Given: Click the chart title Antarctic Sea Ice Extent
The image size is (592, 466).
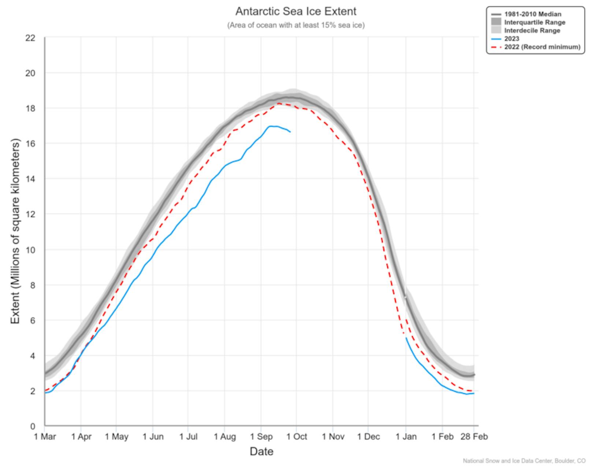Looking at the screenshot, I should (296, 11).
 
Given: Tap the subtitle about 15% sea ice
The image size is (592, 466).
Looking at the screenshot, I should (296, 26).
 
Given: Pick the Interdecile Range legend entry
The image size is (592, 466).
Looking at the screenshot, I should (532, 30).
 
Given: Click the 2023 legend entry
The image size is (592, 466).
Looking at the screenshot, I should (512, 38).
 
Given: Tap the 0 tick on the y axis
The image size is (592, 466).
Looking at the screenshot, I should (33, 426).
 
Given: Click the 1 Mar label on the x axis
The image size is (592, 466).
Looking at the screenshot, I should (45, 437).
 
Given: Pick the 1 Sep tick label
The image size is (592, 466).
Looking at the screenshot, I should (261, 437).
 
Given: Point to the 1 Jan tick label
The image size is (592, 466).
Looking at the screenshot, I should (406, 437).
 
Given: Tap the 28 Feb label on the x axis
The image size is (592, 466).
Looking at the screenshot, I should (474, 437).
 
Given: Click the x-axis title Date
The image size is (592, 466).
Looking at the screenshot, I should (261, 451).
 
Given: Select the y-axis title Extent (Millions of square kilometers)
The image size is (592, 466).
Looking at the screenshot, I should (15, 231).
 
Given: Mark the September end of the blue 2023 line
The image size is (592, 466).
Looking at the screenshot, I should (290, 132).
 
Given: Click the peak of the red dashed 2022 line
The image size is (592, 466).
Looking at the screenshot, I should (278, 103).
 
